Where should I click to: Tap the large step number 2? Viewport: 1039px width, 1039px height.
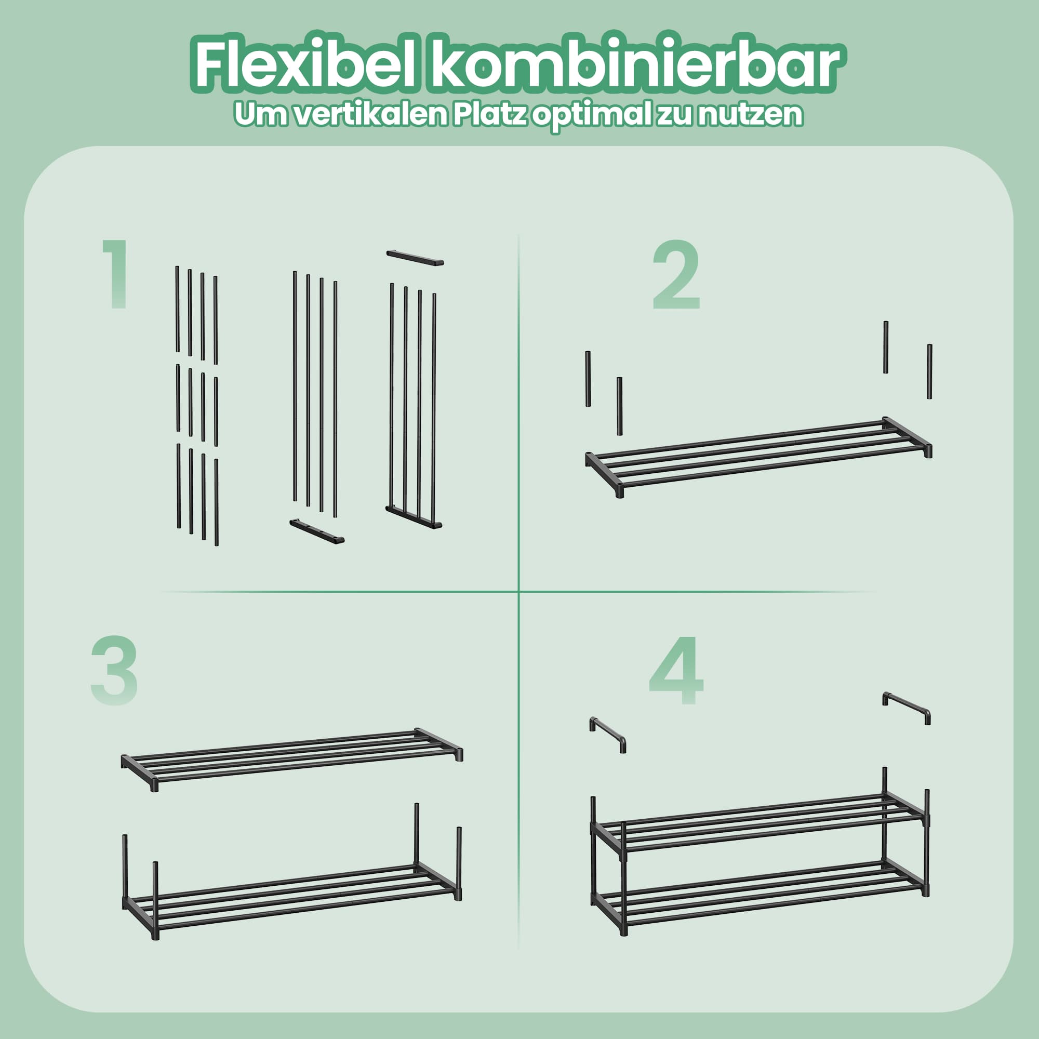point(676,275)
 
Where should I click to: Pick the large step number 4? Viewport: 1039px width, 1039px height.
point(676,670)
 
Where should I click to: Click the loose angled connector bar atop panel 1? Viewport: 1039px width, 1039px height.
point(415,258)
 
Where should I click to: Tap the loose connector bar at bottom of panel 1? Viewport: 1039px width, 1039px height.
point(317,531)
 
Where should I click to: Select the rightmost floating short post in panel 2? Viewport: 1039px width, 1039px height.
point(929,371)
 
